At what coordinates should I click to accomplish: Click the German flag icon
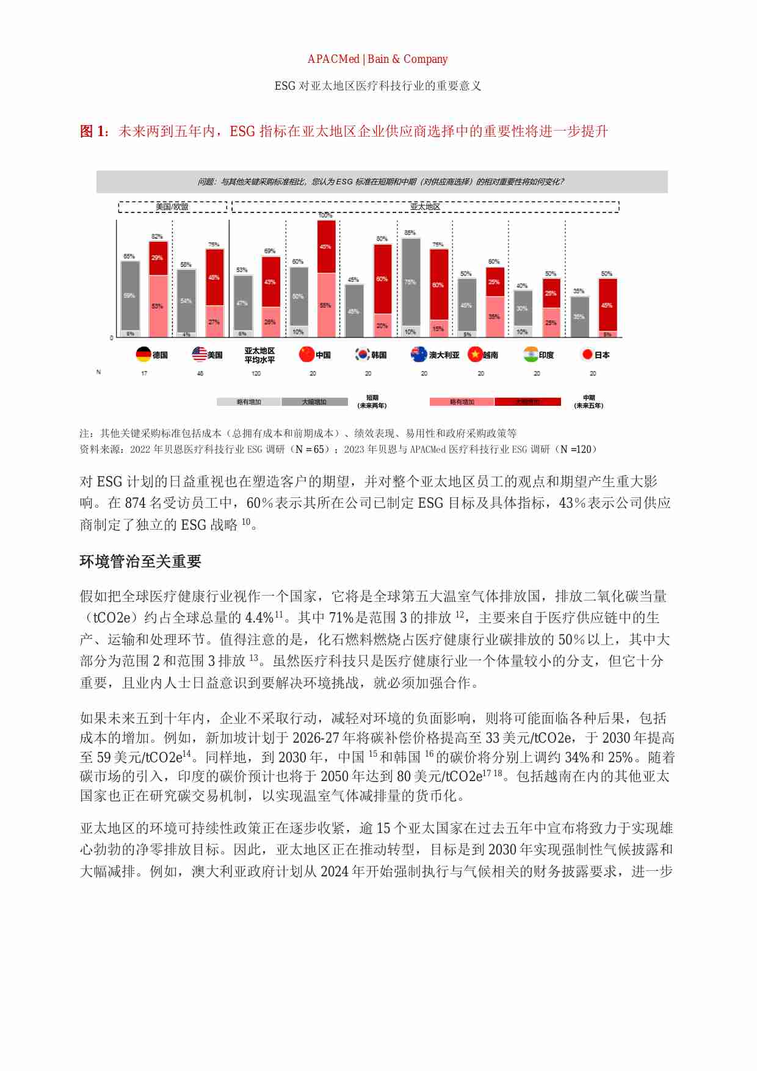(x=143, y=355)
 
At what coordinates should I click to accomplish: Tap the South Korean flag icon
(x=362, y=355)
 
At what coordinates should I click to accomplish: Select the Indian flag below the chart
(x=531, y=355)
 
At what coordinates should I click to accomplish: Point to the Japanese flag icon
(x=587, y=355)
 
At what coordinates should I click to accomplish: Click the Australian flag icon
(x=419, y=355)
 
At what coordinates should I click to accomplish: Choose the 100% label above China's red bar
(x=325, y=215)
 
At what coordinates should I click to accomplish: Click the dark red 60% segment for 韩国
(x=382, y=279)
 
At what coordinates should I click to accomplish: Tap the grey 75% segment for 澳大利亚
(x=410, y=282)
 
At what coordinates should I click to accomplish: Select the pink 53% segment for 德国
(x=158, y=306)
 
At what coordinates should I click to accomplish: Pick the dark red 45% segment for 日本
(x=607, y=305)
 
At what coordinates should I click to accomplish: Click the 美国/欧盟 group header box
(x=172, y=207)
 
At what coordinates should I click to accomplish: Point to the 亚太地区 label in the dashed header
(x=425, y=207)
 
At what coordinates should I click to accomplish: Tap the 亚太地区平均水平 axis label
(x=259, y=355)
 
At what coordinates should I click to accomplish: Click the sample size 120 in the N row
(x=256, y=373)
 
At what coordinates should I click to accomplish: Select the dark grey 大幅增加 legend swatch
(x=314, y=402)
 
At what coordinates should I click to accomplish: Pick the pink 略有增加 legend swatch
(x=462, y=402)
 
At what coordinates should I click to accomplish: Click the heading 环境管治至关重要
(x=140, y=561)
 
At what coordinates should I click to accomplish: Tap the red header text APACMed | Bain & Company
(x=377, y=59)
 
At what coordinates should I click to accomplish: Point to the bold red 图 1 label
(x=94, y=131)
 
